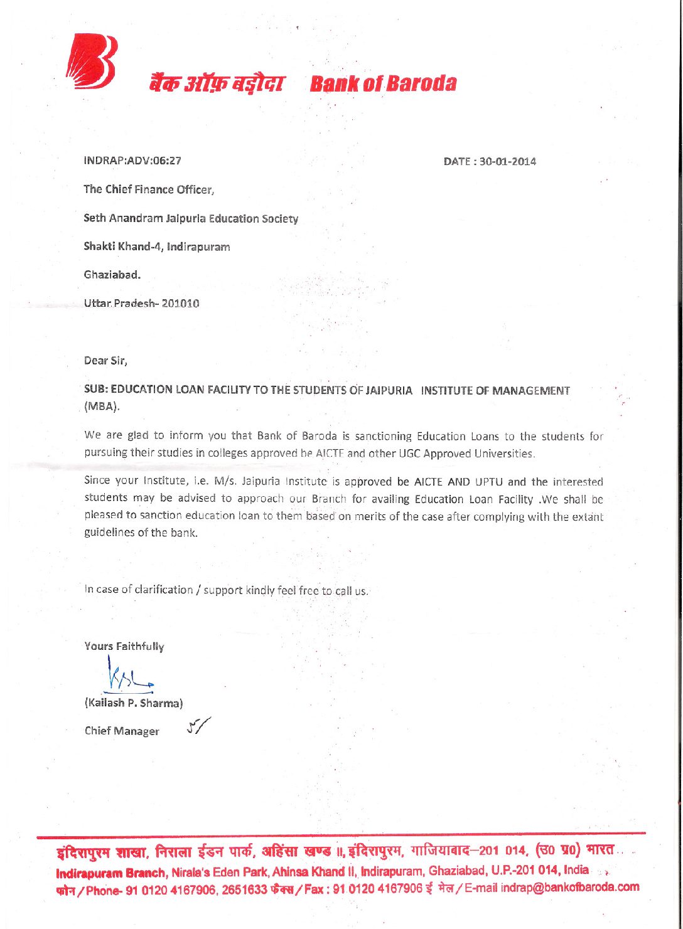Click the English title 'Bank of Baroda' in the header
pyautogui.click(x=383, y=83)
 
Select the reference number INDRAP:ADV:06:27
pyautogui.click(x=132, y=161)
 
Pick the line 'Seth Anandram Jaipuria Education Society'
pyautogui.click(x=191, y=219)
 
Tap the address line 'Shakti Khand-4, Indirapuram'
pyautogui.click(x=157, y=247)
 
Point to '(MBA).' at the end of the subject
pyautogui.click(x=102, y=406)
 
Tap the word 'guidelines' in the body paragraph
pyautogui.click(x=109, y=533)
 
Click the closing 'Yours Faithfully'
pyautogui.click(x=124, y=646)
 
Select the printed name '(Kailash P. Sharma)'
pyautogui.click(x=134, y=703)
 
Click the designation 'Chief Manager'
pyautogui.click(x=122, y=731)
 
